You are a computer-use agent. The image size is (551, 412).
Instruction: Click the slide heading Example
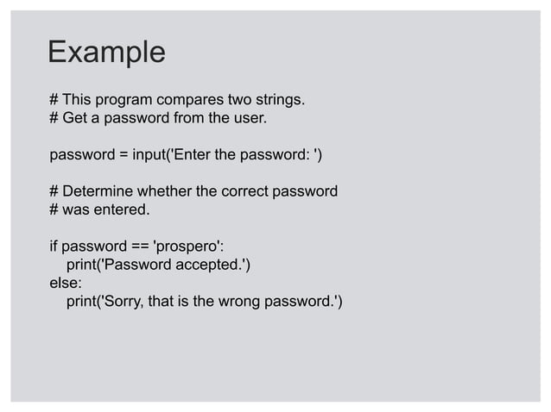pos(106,53)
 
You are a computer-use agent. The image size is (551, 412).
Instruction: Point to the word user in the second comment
pos(247,117)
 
